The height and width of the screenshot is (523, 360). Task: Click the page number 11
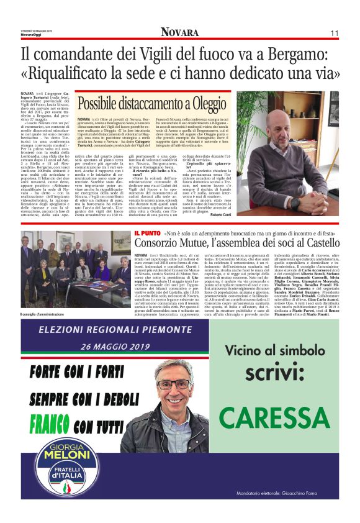click(x=334, y=33)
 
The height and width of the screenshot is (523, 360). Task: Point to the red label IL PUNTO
click(x=147, y=233)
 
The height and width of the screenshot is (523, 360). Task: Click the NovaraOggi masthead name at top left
click(x=31, y=35)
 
